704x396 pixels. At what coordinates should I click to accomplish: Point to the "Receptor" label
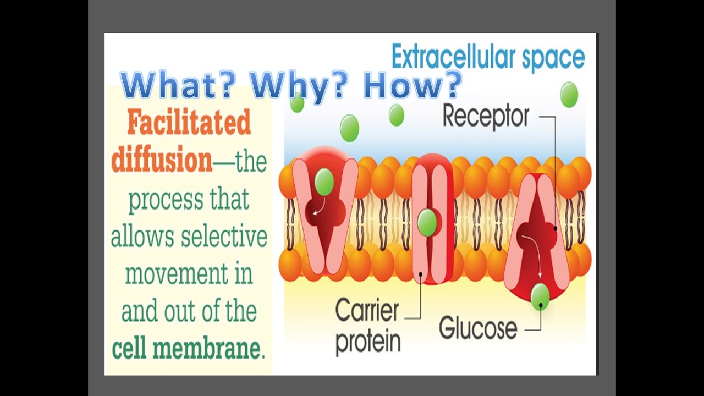tap(486, 117)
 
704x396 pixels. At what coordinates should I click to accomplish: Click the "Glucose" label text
tap(478, 328)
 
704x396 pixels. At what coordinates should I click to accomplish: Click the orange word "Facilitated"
tap(189, 122)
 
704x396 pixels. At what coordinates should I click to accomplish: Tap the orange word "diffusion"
tap(162, 161)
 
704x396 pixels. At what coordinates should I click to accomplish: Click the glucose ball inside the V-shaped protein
tap(324, 182)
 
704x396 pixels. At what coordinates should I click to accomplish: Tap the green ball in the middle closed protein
tap(427, 223)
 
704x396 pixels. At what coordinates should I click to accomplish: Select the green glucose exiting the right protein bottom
tap(540, 296)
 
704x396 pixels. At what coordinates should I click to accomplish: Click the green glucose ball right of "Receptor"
tap(569, 95)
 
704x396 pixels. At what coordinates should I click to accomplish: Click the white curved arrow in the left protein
tap(317, 208)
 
